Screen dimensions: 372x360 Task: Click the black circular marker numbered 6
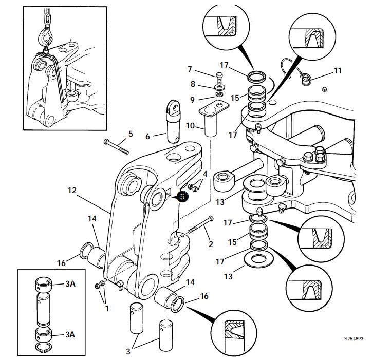click(182, 197)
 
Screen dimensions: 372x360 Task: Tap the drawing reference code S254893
click(354, 338)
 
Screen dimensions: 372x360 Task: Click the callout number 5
click(131, 134)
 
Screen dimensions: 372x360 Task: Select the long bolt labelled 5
click(116, 147)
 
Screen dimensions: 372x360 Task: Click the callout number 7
click(190, 69)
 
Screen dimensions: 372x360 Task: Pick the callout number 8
click(193, 84)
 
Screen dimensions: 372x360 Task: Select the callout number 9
click(192, 100)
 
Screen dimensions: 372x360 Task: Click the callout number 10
click(190, 126)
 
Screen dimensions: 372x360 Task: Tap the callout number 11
click(338, 71)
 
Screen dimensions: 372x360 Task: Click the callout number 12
click(72, 190)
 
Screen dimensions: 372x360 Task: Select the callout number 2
click(211, 244)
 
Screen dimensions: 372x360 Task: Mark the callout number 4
click(205, 174)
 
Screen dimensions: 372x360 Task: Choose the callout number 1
click(107, 308)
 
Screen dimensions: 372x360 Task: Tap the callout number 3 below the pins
click(128, 351)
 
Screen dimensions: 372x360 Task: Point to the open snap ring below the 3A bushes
click(44, 347)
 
